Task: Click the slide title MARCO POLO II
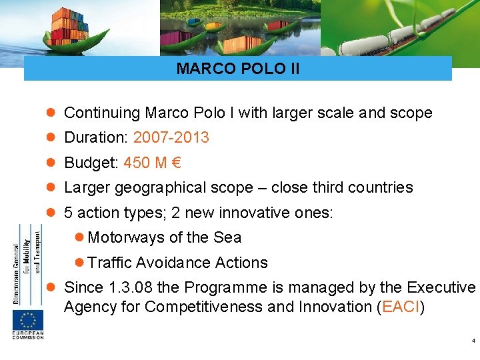238,69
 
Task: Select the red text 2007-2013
171,138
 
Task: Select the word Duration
95,138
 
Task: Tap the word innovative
255,213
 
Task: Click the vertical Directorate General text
16,263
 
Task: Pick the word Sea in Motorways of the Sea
227,237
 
